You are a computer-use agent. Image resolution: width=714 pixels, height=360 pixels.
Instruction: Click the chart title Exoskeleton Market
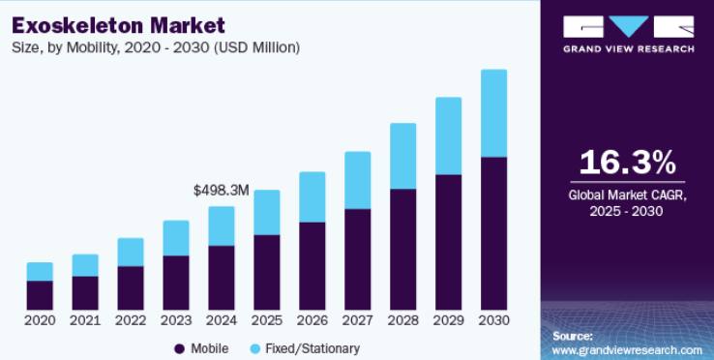pos(118,25)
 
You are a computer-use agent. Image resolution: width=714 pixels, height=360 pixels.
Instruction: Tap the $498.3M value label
pos(222,191)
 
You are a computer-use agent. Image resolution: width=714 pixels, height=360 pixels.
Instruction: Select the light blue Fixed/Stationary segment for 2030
pos(493,113)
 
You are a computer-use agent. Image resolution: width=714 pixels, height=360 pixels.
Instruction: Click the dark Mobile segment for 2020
pos(40,295)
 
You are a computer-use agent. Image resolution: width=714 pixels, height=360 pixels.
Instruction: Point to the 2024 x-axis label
pos(222,320)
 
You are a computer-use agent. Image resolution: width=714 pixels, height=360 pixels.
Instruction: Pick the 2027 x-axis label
pos(357,320)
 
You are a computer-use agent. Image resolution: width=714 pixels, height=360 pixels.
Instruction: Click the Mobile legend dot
pos(179,349)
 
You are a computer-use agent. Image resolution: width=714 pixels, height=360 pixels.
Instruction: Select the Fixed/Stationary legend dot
pos(256,349)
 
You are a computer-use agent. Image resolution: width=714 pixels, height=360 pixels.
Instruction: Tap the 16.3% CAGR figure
pos(628,163)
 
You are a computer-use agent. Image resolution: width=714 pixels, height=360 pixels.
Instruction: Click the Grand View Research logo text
pos(629,48)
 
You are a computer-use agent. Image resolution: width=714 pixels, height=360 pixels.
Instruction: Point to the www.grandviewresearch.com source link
pos(627,350)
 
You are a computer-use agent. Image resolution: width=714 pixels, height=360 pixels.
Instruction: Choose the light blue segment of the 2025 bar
pos(267,212)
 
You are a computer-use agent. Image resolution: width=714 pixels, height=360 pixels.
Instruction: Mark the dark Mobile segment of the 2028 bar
pos(403,250)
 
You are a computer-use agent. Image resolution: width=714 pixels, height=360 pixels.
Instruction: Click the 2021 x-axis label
pos(85,320)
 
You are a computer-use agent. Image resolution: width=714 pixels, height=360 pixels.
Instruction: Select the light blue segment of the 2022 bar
pos(131,252)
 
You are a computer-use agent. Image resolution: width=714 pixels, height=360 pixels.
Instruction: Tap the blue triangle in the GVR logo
pos(629,24)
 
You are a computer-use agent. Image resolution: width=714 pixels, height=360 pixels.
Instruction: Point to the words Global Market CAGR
pos(627,195)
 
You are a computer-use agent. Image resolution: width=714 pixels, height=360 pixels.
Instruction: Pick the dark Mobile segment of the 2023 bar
pos(176,283)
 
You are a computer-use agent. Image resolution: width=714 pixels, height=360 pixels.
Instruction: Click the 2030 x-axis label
pos(493,320)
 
